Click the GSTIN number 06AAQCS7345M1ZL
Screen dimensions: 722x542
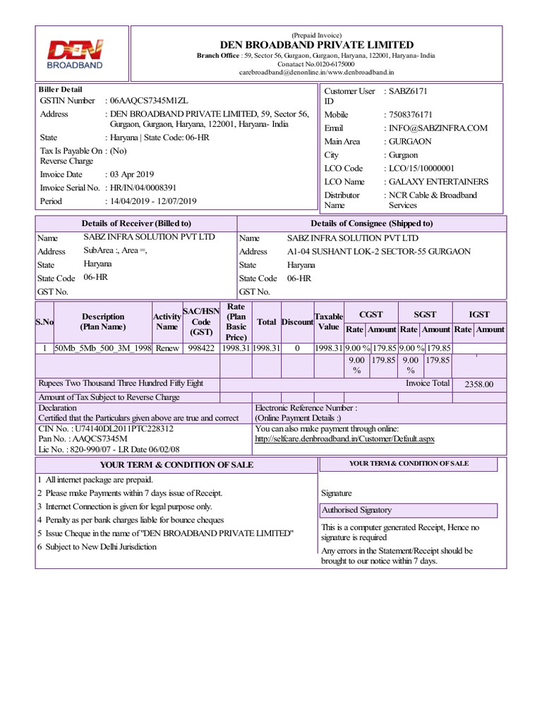149,101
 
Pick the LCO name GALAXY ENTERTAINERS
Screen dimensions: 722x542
438,181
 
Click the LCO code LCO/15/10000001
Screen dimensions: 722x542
421,168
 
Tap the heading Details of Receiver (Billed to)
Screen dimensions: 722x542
136,224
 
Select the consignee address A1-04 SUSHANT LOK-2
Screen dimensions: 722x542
378,251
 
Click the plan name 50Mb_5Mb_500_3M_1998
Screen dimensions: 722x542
102,348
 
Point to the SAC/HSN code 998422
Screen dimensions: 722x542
201,348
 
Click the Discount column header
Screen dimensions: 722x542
297,322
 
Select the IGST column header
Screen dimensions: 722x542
480,314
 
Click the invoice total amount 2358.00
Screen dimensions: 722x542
479,384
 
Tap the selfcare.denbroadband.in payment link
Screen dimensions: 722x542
344,439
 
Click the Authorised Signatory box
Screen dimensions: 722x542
409,510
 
